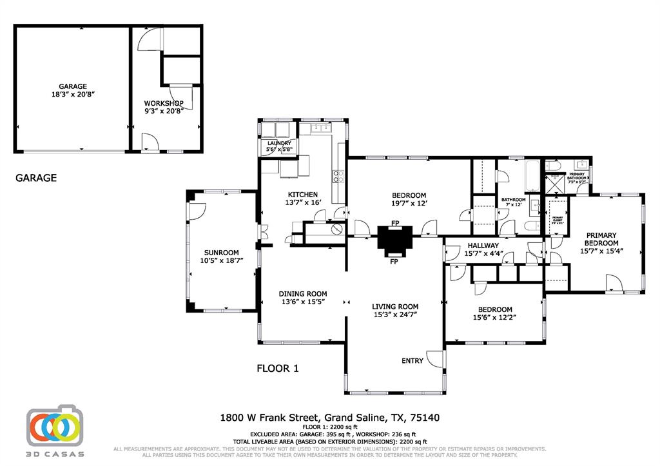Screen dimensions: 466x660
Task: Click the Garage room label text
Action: (72, 86)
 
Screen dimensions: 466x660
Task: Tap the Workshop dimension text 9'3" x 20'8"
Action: (164, 111)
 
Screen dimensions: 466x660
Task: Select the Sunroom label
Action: (222, 253)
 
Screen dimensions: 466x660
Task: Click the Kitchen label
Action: (302, 195)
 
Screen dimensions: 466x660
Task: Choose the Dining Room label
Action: (303, 293)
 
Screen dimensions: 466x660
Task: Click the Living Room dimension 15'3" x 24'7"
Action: (395, 315)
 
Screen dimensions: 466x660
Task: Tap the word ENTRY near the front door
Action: (412, 361)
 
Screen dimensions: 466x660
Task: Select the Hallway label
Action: (483, 246)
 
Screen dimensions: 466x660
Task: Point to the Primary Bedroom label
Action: (601, 239)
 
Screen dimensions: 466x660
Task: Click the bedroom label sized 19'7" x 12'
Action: (409, 195)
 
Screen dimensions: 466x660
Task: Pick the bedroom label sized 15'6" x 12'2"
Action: (494, 309)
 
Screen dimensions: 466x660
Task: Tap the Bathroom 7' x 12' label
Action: (513, 200)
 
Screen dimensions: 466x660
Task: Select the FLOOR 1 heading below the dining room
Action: (278, 369)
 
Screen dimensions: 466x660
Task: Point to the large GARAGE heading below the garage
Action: (36, 178)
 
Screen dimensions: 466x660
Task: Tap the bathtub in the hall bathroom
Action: (532, 177)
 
